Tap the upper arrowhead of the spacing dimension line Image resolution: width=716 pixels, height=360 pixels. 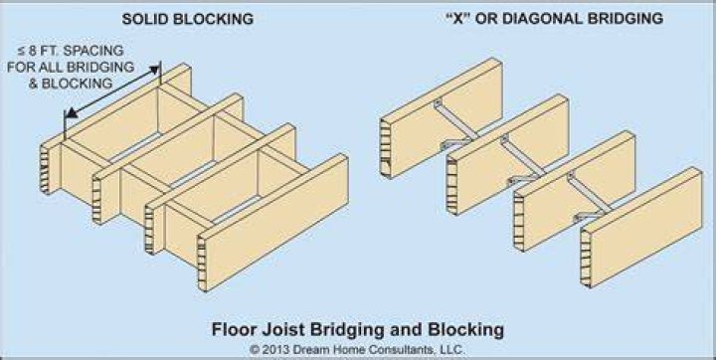[x=156, y=69]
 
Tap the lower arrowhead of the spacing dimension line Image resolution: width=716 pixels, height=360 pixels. [x=71, y=113]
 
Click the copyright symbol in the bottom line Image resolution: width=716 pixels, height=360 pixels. [x=255, y=350]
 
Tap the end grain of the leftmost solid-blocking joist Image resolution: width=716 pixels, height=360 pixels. [x=45, y=169]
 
